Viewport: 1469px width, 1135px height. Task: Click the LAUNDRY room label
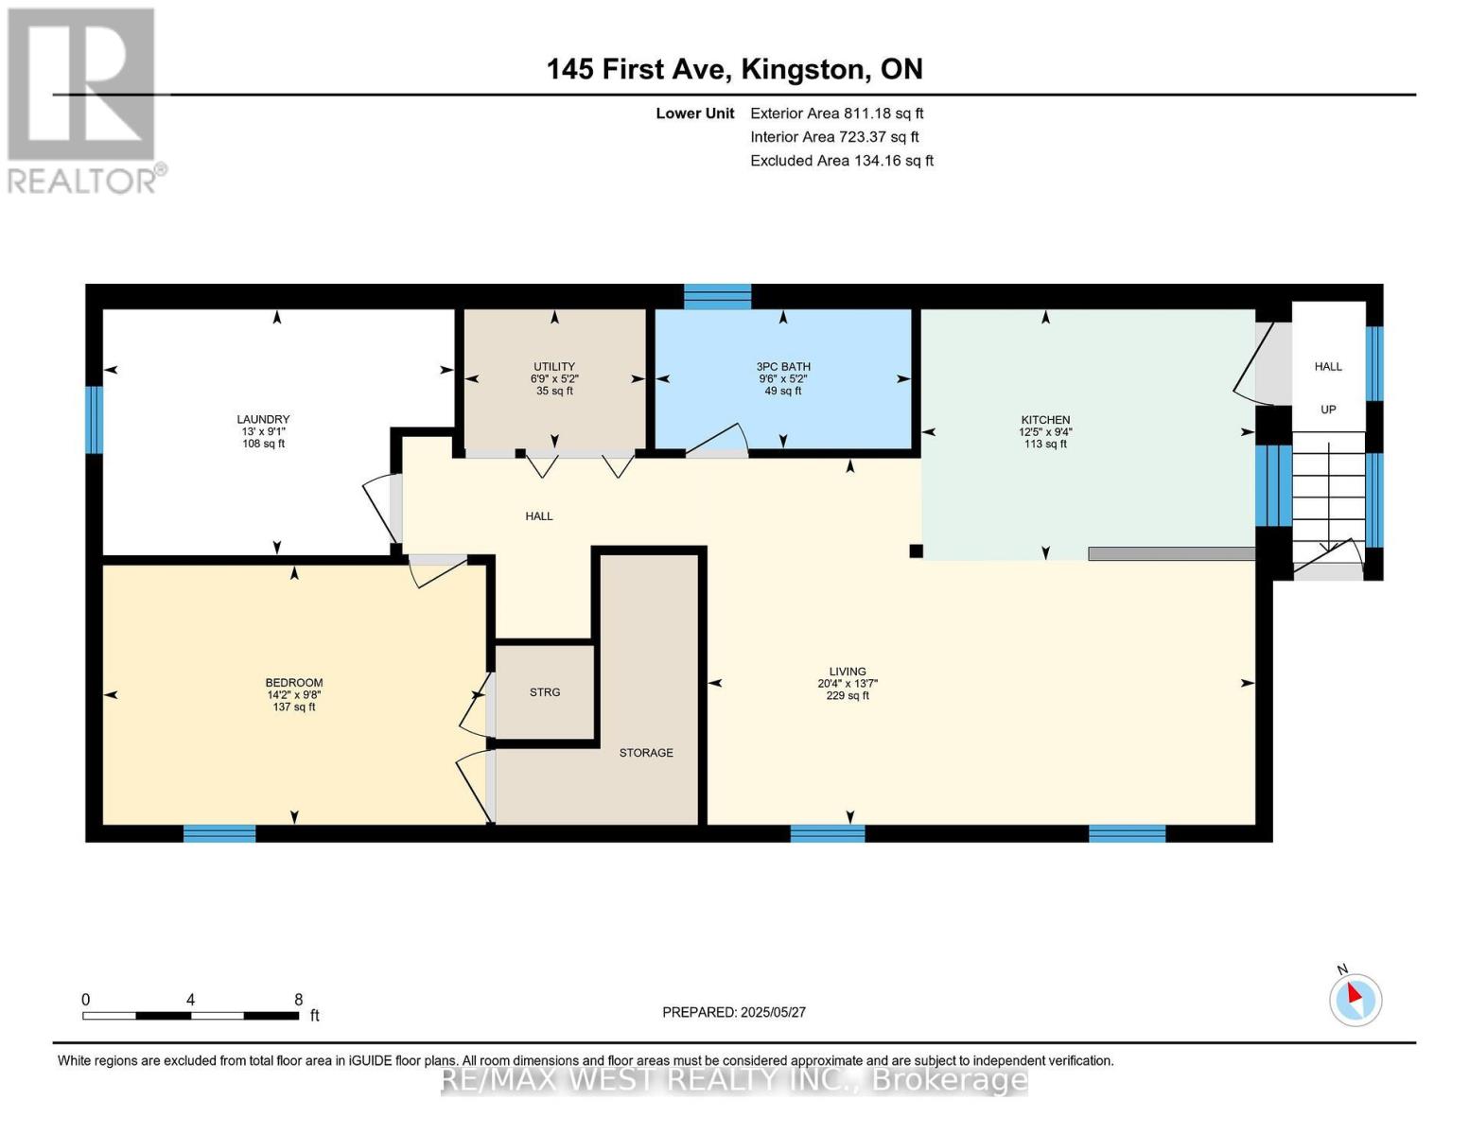pos(263,419)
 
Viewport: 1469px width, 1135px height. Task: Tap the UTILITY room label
pos(553,366)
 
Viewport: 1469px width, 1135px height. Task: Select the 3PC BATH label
pos(783,366)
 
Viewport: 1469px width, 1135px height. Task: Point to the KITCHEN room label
pos(1045,419)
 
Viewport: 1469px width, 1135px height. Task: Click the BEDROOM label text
pos(294,683)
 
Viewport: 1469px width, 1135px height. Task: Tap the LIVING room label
pos(847,672)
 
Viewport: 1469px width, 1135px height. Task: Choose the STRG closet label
pos(545,692)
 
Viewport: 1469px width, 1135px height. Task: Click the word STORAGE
pos(646,752)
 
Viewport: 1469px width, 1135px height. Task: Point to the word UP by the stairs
pos(1328,410)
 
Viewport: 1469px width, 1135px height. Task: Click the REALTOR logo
pos(84,101)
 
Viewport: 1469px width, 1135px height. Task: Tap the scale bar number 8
pos(298,999)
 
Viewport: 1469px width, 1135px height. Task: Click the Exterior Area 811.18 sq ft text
pos(836,113)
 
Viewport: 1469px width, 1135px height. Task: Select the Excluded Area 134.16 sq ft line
pos(842,161)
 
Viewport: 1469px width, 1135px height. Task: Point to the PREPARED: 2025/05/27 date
pos(733,1012)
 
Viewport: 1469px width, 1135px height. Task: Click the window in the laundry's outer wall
pos(94,419)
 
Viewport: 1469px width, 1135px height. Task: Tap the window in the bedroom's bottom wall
pos(219,833)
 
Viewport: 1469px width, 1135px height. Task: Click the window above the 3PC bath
pos(717,297)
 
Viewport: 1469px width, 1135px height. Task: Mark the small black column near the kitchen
pos(916,550)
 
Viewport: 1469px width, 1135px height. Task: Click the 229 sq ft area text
pos(847,695)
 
